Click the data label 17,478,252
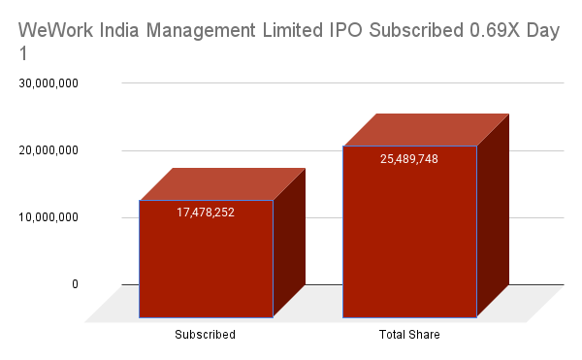[x=206, y=212]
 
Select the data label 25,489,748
[x=409, y=158]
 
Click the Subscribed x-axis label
[x=205, y=335]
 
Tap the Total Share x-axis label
[x=409, y=335]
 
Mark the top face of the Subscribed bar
[x=222, y=183]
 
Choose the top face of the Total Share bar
[x=427, y=129]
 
